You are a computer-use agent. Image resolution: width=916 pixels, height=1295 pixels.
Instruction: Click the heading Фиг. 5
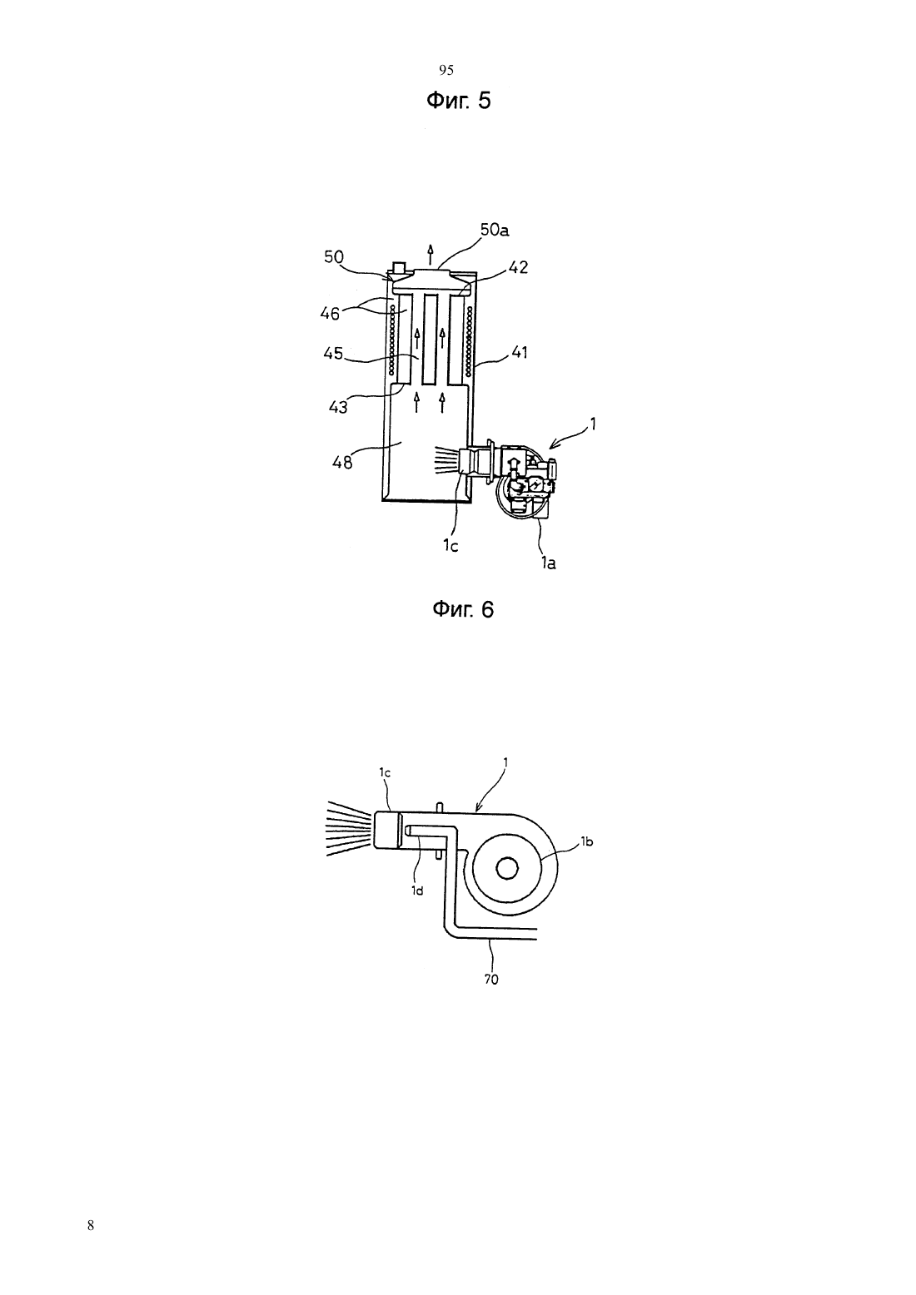(x=459, y=101)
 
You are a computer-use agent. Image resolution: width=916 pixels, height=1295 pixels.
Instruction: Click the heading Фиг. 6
(x=463, y=609)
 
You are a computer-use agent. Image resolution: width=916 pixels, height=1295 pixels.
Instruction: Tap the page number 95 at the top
(x=446, y=70)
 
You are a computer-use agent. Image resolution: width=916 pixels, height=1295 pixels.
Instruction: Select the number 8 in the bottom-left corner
(x=90, y=1225)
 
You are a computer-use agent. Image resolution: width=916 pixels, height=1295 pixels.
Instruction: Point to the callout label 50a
(x=495, y=230)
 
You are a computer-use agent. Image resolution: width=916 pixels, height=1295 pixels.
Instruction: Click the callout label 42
(x=518, y=267)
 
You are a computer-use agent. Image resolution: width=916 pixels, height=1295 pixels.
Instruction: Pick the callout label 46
(x=330, y=314)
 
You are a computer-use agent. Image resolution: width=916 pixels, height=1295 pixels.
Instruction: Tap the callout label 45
(x=333, y=353)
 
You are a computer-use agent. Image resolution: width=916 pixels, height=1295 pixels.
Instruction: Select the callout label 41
(x=520, y=352)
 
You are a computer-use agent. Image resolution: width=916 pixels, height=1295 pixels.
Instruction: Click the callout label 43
(x=338, y=407)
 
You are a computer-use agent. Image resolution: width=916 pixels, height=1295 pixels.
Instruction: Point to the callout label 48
(x=342, y=463)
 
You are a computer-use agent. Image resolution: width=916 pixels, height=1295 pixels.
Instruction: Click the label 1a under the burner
(x=548, y=563)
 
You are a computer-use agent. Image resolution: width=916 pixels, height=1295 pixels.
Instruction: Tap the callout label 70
(x=491, y=980)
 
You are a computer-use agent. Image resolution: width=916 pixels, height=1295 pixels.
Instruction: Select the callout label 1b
(x=586, y=842)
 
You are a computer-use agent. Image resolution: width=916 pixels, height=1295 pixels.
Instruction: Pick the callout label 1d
(x=417, y=891)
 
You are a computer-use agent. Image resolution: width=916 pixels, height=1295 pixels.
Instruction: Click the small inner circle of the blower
(x=507, y=868)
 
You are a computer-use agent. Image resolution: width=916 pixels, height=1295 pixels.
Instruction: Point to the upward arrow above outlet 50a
(x=430, y=255)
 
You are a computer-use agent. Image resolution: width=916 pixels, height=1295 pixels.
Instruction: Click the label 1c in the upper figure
(x=451, y=545)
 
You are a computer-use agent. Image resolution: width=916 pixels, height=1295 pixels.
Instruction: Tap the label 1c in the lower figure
(x=385, y=772)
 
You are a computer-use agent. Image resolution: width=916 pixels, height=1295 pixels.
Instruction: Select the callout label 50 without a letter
(x=334, y=256)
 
